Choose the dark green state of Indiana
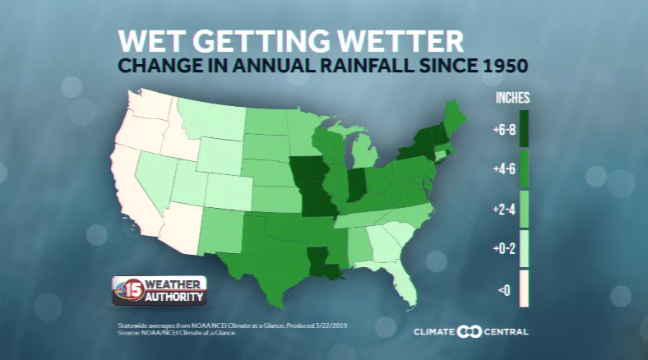[x=356, y=185]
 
